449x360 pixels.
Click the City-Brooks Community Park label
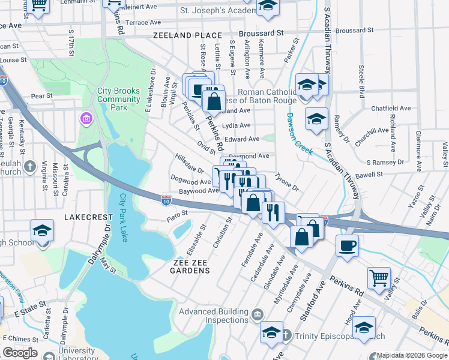(x=119, y=98)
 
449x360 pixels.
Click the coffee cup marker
(x=347, y=246)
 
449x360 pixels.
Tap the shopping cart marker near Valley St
(x=379, y=278)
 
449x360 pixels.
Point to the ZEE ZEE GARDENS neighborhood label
(x=183, y=271)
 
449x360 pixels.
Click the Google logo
(x=20, y=353)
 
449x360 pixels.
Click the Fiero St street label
(x=176, y=212)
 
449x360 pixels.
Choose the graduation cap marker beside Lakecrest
(x=42, y=231)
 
